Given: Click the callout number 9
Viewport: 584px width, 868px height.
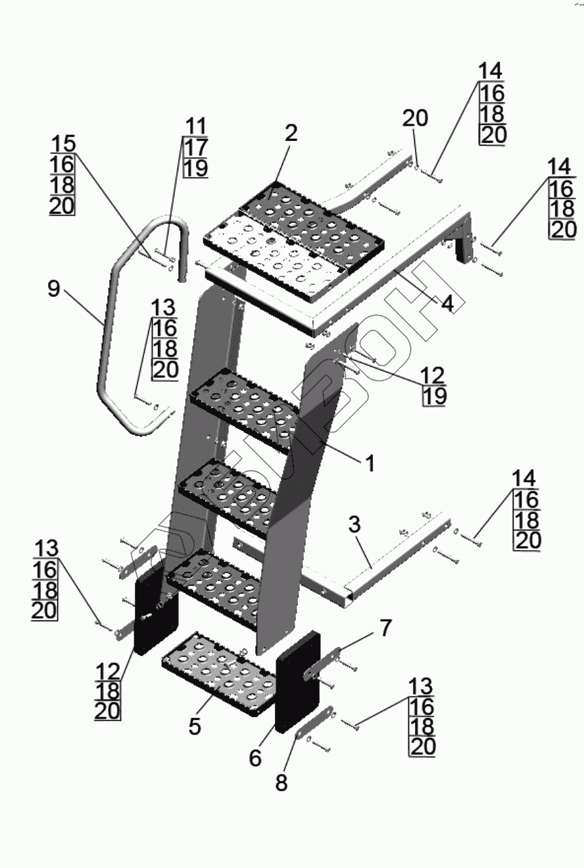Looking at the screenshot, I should coord(53,288).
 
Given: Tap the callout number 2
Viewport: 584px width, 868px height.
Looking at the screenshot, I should coord(291,133).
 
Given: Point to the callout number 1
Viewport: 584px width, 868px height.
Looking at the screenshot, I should coord(370,464).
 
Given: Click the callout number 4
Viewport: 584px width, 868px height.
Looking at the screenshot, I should coord(447,305).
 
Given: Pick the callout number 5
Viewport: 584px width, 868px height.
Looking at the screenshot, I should coord(195,726).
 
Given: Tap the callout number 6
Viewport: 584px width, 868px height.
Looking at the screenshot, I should coord(255,757).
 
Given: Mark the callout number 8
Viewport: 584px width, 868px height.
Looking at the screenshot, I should coord(281,784).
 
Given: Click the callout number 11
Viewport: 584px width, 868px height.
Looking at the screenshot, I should coord(195,125).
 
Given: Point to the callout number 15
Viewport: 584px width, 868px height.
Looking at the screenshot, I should coord(63,143).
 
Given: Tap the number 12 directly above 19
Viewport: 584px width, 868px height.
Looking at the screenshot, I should coord(432,375).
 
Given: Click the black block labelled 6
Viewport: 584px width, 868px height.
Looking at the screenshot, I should coord(297,681).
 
